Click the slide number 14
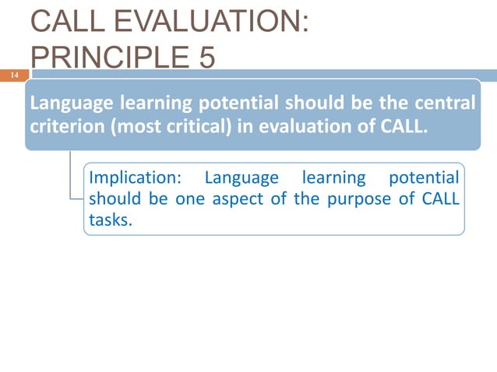(x=14, y=75)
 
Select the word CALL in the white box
(x=440, y=198)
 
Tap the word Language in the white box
(x=241, y=178)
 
